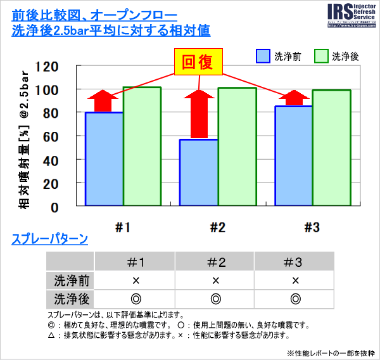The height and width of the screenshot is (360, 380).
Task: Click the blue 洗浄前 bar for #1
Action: click(104, 158)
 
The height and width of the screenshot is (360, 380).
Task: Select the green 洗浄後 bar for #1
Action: click(142, 146)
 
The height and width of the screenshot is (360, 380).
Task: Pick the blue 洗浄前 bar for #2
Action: click(199, 172)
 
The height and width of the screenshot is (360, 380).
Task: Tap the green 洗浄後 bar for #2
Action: click(237, 146)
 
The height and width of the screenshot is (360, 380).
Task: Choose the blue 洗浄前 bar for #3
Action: click(293, 155)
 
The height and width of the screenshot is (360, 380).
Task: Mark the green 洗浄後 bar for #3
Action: click(331, 148)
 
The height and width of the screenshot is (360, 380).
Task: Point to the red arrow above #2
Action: click(199, 114)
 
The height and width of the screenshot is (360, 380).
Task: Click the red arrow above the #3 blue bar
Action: click(293, 98)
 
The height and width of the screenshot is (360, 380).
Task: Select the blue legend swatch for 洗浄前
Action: click(263, 56)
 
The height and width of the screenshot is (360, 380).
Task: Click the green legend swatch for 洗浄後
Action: click(322, 56)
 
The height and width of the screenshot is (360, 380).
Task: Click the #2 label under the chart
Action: click(217, 227)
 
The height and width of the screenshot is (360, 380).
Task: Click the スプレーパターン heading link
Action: click(49, 240)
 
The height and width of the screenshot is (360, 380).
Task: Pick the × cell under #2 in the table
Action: click(215, 280)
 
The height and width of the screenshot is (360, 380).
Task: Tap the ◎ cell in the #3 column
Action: click(294, 299)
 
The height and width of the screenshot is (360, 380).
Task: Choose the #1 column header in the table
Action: click(135, 262)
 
